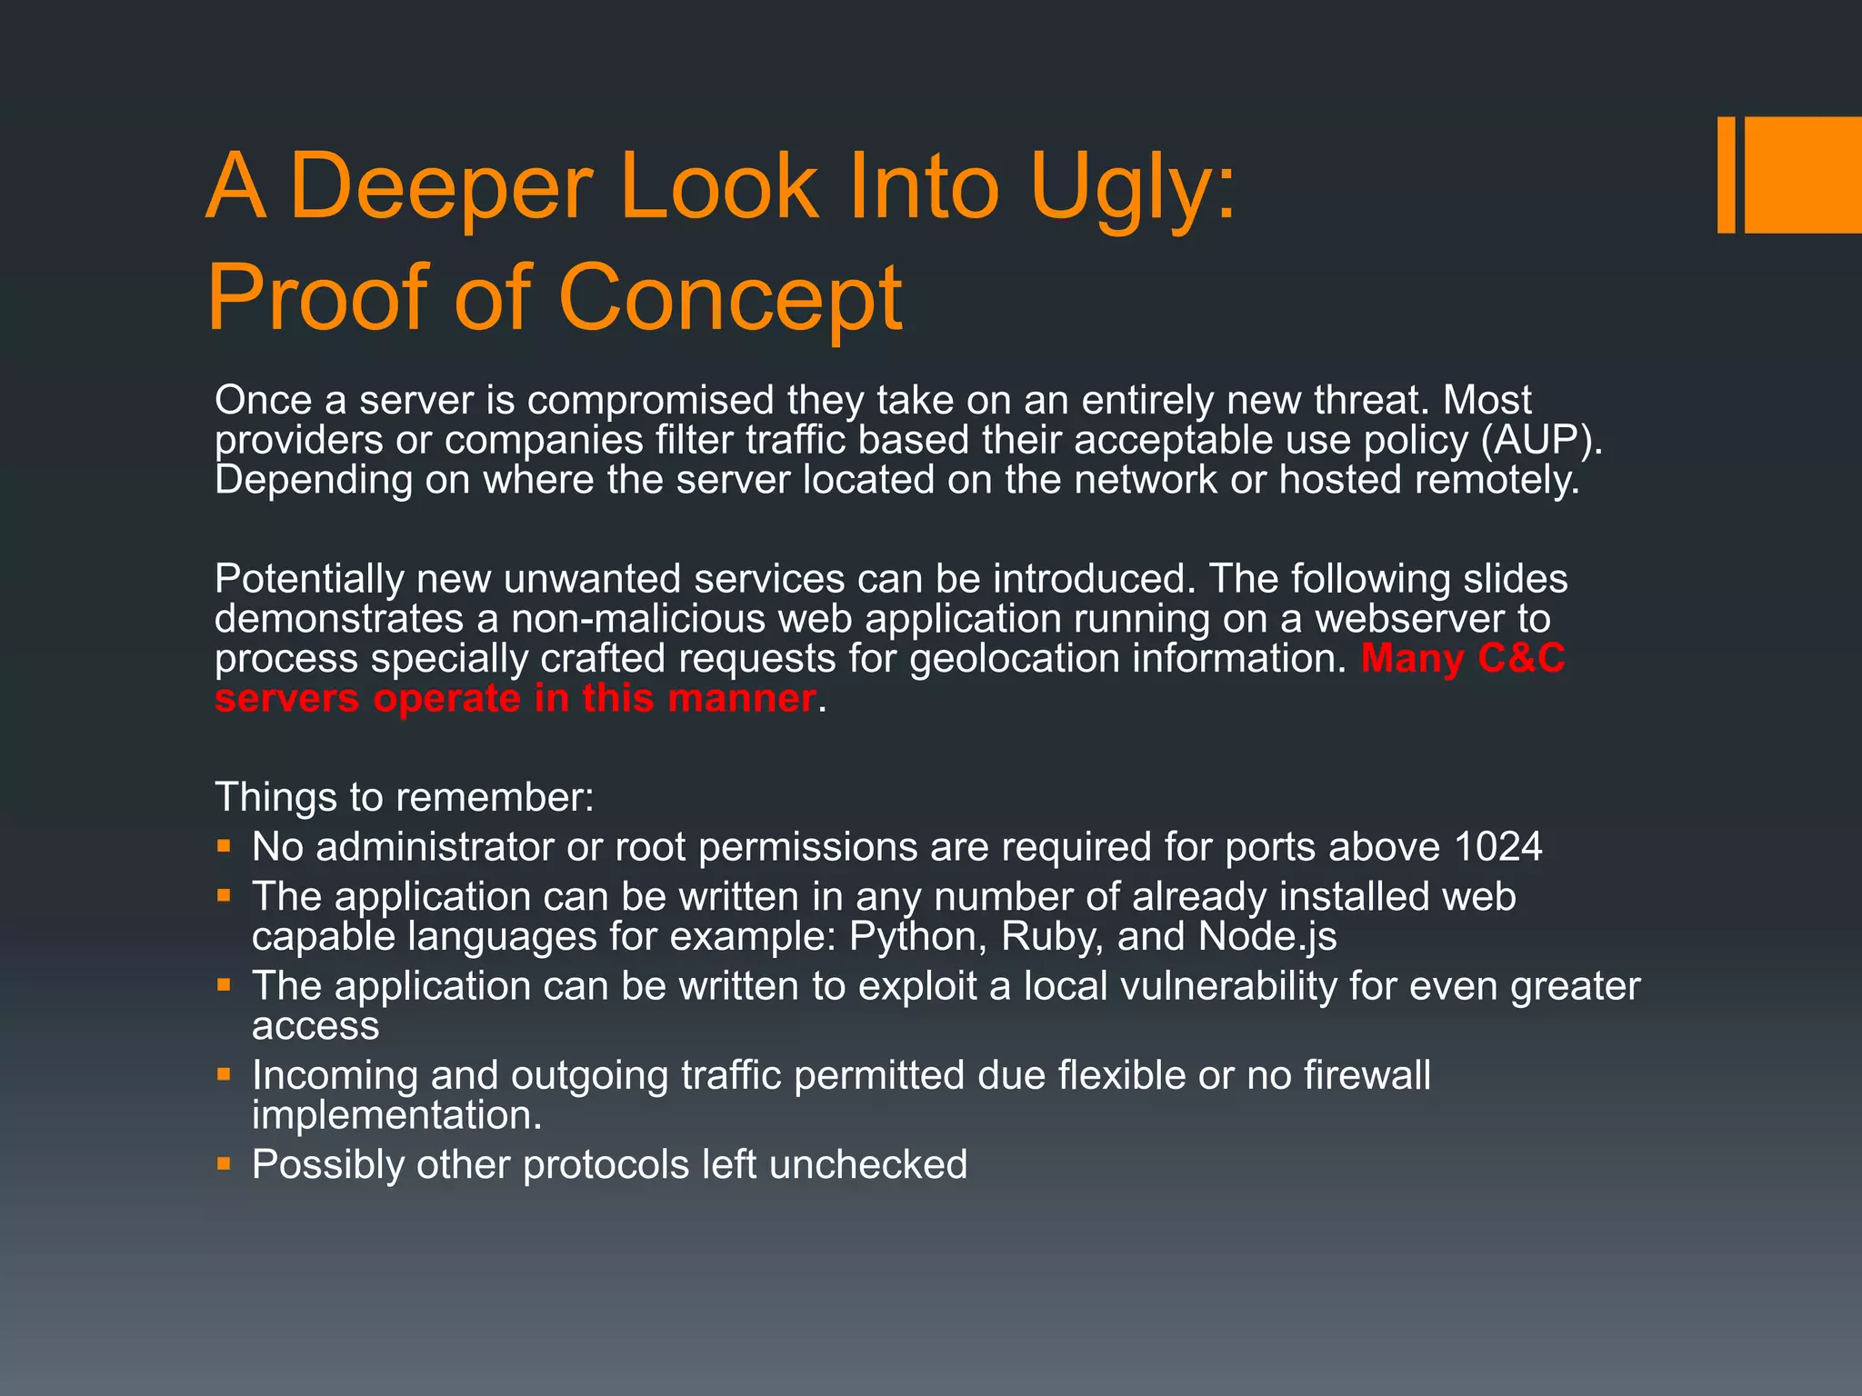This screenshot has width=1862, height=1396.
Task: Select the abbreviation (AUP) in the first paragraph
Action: pos(1541,440)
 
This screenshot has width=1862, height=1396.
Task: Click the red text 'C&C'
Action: pos(1521,658)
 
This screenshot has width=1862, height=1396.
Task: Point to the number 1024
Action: pos(1498,847)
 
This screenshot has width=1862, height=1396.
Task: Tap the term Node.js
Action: pos(1267,937)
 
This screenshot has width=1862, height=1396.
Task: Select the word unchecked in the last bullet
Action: pos(868,1164)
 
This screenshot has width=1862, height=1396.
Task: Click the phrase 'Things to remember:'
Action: pos(405,797)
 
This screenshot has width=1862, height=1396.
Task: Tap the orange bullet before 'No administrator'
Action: pos(224,846)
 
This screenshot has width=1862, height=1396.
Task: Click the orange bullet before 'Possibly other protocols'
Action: pos(224,1162)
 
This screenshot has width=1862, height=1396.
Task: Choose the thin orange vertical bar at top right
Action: pos(1726,174)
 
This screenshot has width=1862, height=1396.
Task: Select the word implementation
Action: pos(397,1115)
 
